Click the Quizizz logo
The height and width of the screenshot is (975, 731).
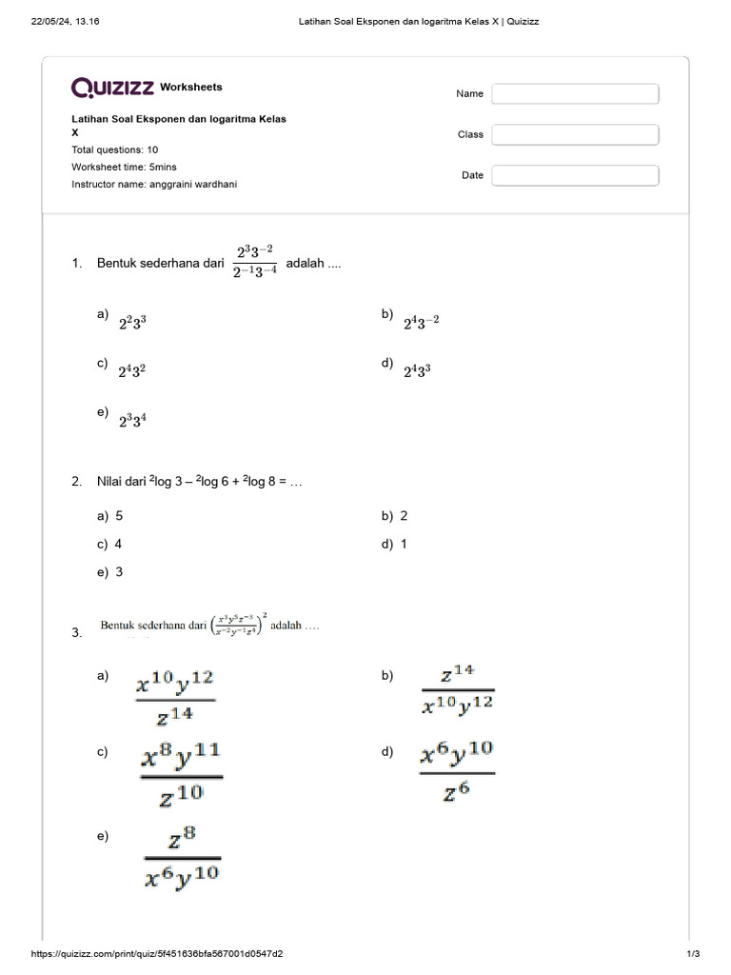click(113, 88)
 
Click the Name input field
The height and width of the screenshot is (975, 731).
click(575, 93)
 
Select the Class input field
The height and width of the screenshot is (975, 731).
click(575, 134)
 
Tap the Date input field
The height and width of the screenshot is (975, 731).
click(575, 175)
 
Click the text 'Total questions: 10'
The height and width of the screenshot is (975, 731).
click(115, 149)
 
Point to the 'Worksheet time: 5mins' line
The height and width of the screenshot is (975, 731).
click(124, 167)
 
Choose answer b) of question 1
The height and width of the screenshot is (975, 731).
click(421, 323)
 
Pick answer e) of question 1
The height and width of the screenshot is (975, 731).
click(132, 419)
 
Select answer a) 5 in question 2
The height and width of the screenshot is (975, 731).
click(118, 516)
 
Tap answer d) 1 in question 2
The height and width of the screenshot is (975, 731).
click(403, 545)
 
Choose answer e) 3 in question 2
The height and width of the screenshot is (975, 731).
click(118, 572)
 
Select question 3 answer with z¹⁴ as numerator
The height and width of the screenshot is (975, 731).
click(458, 689)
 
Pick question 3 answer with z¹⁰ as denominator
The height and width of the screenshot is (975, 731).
click(180, 774)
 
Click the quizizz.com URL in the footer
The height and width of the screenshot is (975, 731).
click(157, 954)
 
